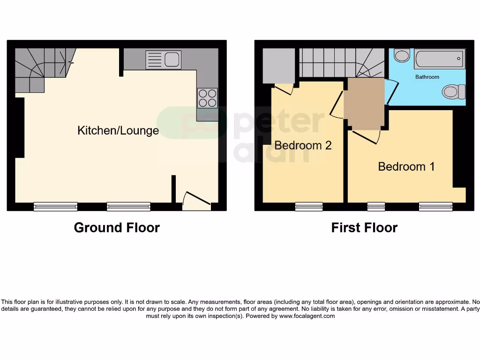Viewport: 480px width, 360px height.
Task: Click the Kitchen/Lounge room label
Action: (118, 130)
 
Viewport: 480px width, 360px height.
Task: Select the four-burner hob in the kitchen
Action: (207, 98)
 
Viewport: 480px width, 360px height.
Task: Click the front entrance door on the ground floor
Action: (196, 199)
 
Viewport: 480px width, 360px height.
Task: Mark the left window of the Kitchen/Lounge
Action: (55, 206)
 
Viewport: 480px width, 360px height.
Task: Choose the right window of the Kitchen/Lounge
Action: (128, 206)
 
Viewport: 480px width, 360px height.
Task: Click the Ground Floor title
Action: (117, 228)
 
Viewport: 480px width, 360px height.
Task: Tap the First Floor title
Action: (364, 228)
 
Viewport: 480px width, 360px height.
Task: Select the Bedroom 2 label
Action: (303, 145)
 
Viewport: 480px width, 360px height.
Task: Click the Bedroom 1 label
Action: (406, 166)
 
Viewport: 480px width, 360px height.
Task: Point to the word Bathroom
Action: (427, 77)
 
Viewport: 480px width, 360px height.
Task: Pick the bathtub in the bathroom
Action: (439, 59)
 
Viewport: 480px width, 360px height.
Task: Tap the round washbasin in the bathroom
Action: (401, 56)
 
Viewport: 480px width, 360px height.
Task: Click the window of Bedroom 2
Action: (308, 206)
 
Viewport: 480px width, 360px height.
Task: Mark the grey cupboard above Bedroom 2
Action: (278, 66)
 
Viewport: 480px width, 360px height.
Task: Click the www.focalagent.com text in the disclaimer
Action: (307, 316)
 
